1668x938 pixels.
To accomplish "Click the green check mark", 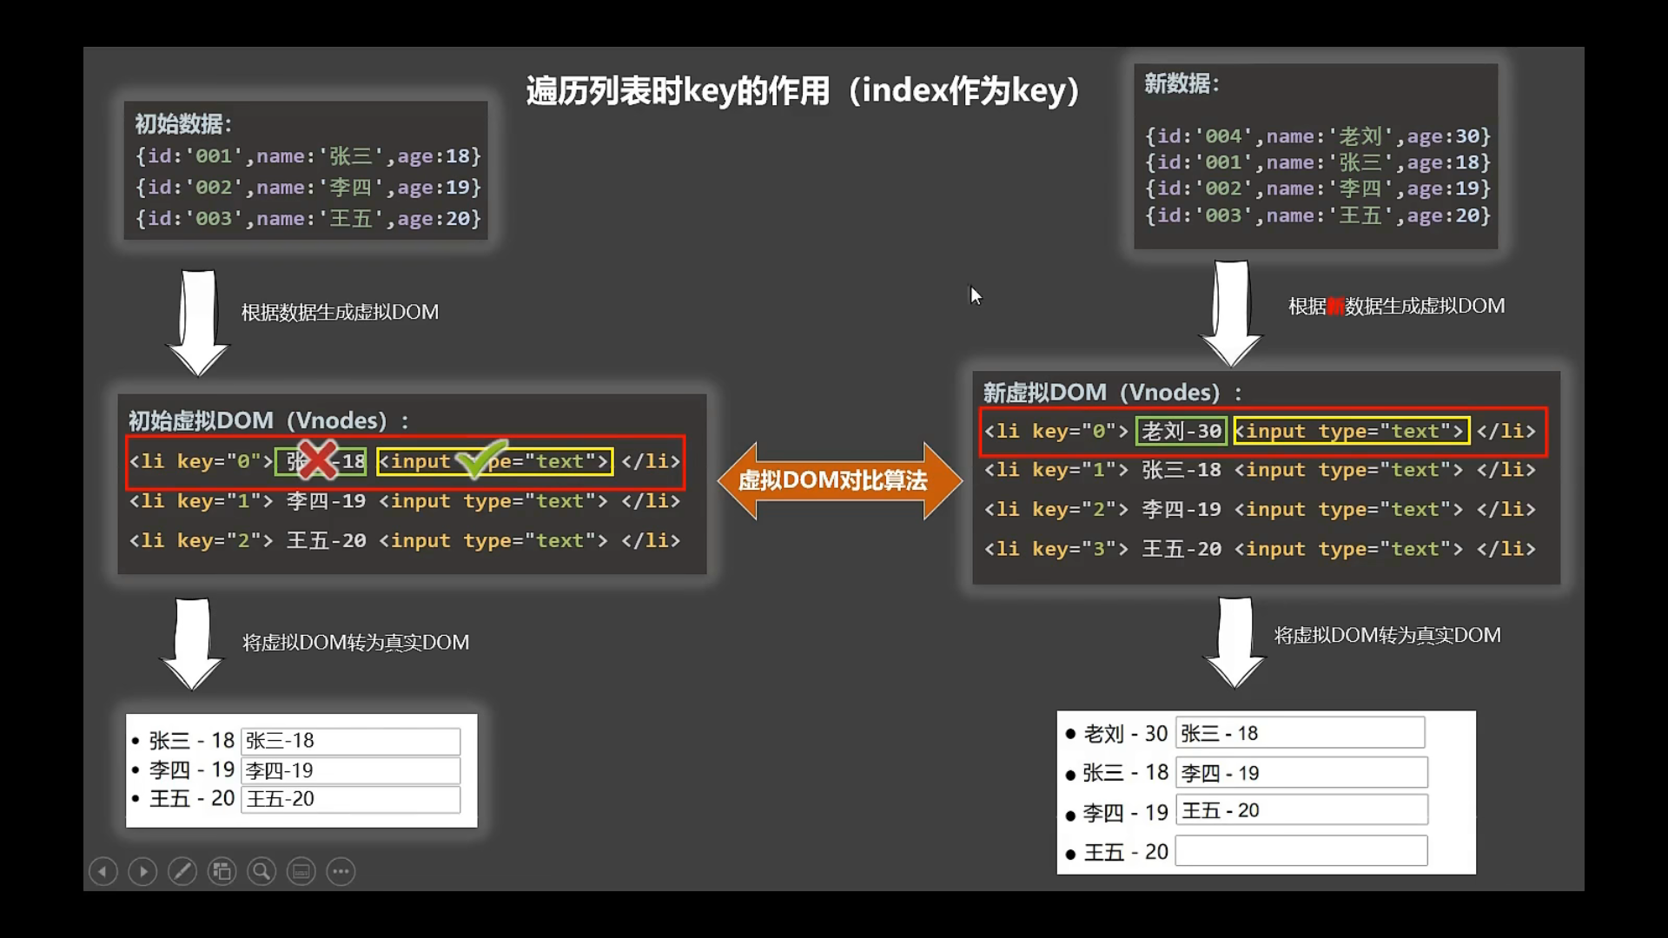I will pos(480,458).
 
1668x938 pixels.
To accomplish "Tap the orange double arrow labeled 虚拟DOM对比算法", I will pos(839,480).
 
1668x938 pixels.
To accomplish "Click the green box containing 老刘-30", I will pos(1181,431).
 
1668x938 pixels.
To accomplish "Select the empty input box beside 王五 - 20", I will pos(1301,851).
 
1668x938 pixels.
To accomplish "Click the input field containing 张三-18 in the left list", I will pos(350,741).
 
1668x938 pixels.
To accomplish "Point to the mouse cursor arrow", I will pos(975,295).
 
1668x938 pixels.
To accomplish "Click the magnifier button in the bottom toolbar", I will pos(261,871).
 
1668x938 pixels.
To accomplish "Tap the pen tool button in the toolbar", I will pos(182,871).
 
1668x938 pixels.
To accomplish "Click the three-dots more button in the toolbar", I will pos(341,871).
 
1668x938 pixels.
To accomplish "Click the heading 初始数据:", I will pos(183,124).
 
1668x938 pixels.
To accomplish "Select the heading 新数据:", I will pos(1181,84).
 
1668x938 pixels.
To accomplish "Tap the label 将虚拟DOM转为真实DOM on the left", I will pos(355,643).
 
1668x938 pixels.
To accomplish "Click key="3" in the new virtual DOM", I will pos(1079,549).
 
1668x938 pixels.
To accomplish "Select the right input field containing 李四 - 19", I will pos(1301,772).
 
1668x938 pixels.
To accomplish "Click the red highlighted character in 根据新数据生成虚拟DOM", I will pos(1335,307).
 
